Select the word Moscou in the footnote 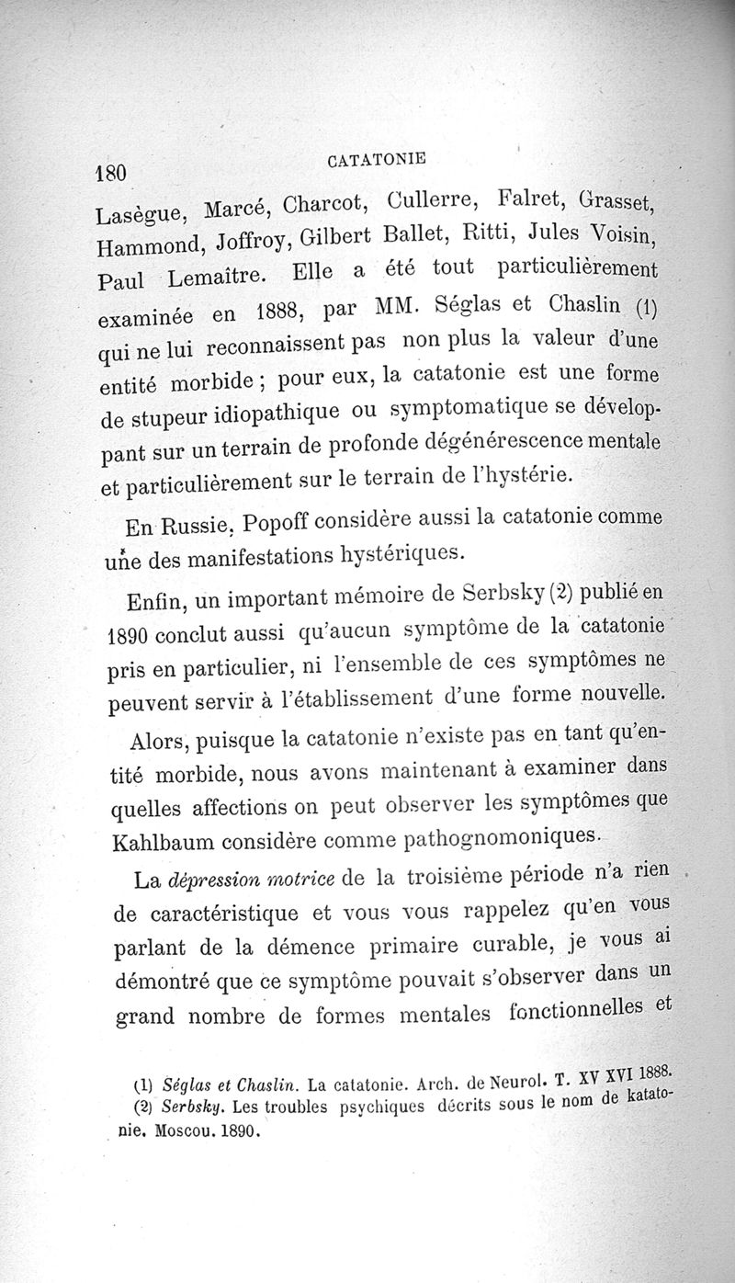click(191, 1131)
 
